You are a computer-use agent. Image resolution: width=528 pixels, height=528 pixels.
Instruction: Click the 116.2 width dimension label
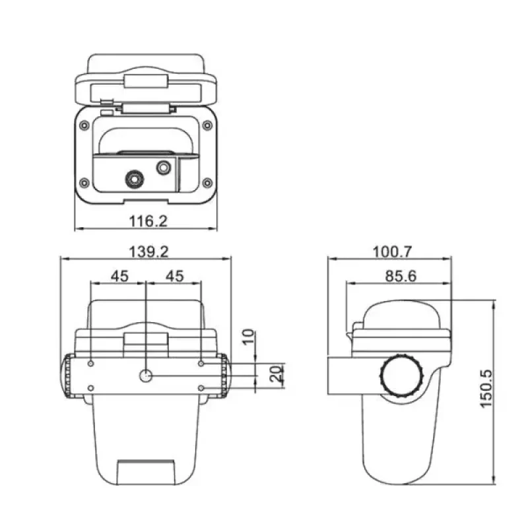coord(147,220)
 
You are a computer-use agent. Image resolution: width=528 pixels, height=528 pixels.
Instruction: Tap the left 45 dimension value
coord(119,276)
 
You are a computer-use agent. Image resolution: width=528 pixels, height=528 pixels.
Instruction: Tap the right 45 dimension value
coord(174,276)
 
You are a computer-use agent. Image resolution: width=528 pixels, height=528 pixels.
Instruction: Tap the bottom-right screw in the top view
coord(207,182)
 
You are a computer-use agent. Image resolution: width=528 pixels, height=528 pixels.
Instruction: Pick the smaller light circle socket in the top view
coord(163,168)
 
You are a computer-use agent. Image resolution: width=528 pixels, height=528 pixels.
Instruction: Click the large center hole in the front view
coord(146,376)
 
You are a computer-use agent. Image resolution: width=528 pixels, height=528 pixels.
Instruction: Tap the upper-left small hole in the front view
coord(91,363)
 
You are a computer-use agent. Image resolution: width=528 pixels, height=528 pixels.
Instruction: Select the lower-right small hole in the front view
coord(201,387)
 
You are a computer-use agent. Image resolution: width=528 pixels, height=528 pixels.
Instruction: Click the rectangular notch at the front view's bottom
coord(147,473)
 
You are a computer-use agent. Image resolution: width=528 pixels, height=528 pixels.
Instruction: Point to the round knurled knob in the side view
coord(402,376)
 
